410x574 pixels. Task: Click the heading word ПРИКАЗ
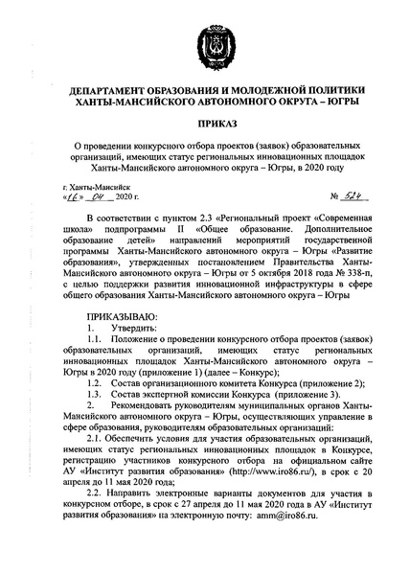tap(204, 126)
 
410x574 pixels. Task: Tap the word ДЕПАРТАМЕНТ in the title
tap(109, 93)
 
